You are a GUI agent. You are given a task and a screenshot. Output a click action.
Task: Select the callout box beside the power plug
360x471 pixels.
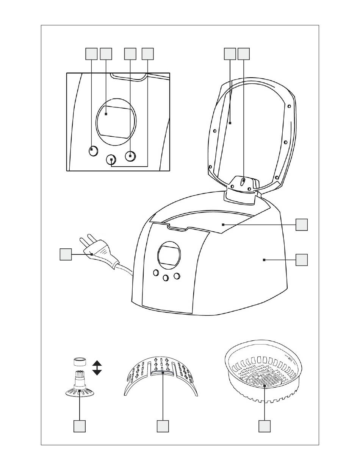click(66, 254)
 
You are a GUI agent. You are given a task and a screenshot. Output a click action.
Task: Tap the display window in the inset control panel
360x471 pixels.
click(116, 121)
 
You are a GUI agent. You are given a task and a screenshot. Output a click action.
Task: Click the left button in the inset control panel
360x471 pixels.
click(92, 150)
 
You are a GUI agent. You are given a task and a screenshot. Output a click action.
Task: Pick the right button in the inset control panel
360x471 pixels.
click(130, 155)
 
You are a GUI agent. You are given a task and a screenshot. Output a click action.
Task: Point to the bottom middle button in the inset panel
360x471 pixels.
click(111, 160)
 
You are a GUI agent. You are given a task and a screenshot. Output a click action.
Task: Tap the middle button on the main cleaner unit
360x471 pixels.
click(165, 278)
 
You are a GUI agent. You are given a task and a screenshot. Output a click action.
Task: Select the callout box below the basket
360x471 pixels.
click(264, 426)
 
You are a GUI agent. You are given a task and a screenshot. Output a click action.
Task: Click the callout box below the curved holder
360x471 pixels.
click(163, 426)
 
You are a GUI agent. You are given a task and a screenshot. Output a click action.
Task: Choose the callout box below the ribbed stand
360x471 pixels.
click(80, 426)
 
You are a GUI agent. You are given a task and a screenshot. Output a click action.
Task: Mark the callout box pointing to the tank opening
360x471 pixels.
click(302, 225)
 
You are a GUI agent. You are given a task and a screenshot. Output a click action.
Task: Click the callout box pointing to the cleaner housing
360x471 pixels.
click(302, 260)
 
